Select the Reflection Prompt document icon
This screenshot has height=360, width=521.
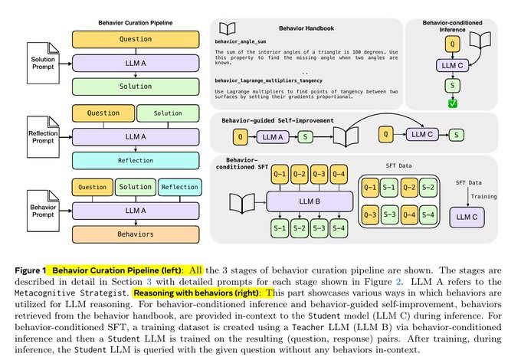point(31,124)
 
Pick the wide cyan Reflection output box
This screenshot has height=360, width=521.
point(136,160)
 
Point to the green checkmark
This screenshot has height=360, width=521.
point(451,103)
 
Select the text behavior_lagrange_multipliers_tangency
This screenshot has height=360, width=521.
point(280,79)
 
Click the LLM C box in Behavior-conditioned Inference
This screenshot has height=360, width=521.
point(451,66)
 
